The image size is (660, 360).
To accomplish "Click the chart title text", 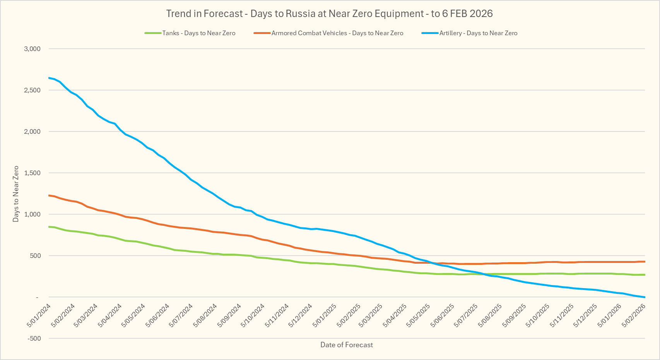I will [329, 14].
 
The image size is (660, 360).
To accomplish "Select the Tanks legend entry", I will [198, 33].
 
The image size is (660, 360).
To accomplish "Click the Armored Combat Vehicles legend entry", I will [337, 33].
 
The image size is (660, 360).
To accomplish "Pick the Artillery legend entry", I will [478, 33].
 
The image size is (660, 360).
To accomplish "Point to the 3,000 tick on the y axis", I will [32, 49].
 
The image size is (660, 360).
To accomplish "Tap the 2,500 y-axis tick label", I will [32, 90].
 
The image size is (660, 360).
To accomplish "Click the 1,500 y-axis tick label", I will [32, 173].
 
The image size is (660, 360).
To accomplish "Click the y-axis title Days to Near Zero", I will [16, 194].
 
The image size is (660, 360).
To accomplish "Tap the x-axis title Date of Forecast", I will [347, 345].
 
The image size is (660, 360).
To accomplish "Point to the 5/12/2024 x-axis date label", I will [301, 315].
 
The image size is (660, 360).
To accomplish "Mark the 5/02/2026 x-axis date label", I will [634, 315].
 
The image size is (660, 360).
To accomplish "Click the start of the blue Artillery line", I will [49, 78].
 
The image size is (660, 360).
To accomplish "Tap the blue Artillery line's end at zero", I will [644, 297].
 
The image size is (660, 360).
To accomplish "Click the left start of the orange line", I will [49, 196].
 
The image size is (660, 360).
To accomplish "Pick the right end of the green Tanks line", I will [644, 275].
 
